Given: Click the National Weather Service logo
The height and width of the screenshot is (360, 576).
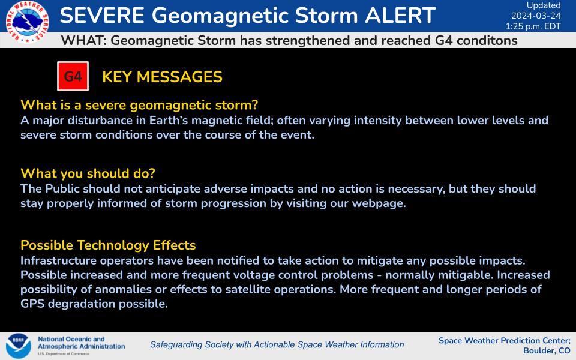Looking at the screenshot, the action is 27,22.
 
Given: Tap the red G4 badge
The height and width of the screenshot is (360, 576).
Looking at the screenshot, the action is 73,76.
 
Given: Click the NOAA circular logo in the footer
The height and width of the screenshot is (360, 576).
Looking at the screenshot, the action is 19,346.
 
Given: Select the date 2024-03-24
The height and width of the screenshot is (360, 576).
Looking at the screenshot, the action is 536,16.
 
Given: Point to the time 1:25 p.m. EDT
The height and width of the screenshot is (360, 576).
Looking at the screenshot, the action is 533,26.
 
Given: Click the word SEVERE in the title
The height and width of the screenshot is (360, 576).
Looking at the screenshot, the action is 102,16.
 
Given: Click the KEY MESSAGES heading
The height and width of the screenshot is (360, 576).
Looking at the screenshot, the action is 163,77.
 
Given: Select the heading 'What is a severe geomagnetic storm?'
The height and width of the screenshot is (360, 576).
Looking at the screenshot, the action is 139,105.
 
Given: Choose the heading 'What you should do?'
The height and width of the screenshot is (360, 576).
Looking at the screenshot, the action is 88,173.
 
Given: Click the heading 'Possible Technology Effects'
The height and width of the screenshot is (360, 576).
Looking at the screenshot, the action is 108,245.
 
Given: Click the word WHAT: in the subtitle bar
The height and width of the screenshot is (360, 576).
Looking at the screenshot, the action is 84,40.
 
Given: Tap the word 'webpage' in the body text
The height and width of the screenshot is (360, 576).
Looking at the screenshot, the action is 379,203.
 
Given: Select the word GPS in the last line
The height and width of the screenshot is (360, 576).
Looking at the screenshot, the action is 32,304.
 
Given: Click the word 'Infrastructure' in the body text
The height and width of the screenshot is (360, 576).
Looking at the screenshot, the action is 58,260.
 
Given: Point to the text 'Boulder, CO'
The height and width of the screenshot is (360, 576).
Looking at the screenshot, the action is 547,351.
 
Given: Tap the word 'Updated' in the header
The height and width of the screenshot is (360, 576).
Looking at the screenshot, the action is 544,5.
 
